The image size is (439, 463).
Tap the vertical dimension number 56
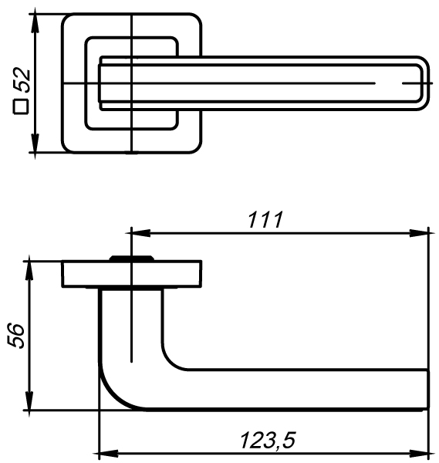(18, 336)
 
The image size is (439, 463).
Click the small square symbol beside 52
(22, 107)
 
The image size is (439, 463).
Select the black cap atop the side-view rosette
(132, 259)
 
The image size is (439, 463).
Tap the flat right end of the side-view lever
(427, 390)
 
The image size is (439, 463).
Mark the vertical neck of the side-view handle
(131, 324)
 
